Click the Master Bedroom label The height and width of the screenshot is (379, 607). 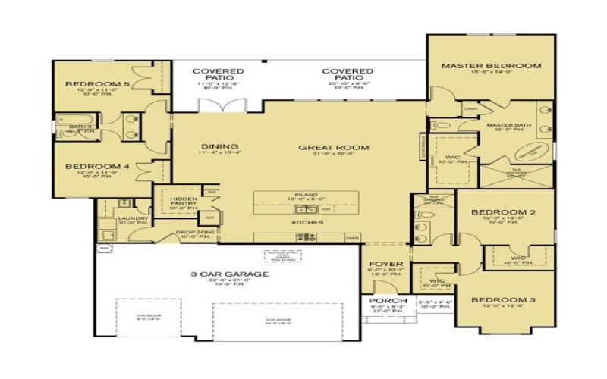491,66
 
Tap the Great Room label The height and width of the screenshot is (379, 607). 322,147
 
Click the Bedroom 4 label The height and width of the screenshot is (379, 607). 92,166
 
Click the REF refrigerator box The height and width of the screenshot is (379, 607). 210,218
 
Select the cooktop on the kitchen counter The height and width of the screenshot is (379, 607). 306,237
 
